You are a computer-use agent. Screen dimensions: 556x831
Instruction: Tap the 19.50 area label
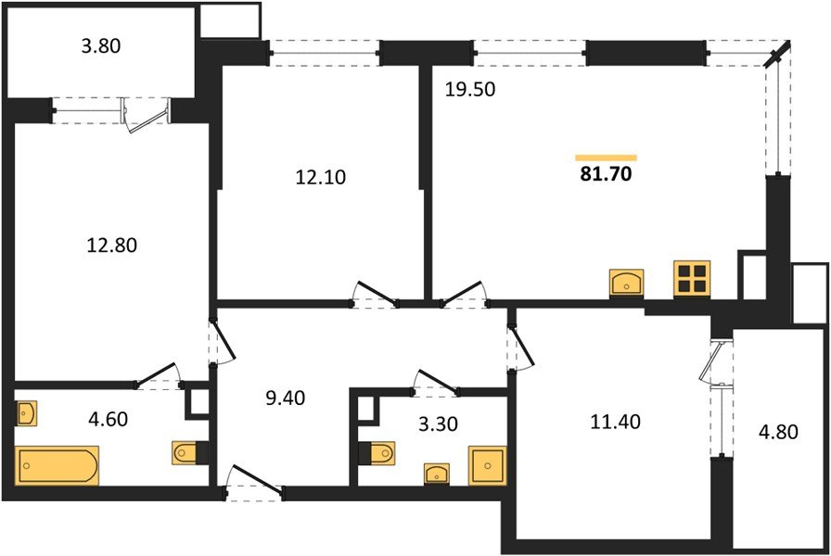468,90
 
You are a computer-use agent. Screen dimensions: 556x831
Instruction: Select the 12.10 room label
320,177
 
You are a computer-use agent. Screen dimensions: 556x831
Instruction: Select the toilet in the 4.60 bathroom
185,453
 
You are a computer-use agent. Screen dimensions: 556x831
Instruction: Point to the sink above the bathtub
26,412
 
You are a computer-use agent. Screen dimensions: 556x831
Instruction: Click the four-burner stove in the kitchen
692,277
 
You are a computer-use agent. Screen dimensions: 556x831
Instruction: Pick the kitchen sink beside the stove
627,282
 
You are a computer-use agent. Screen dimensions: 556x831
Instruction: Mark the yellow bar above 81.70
606,158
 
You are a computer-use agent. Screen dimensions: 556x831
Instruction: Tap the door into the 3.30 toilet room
435,383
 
